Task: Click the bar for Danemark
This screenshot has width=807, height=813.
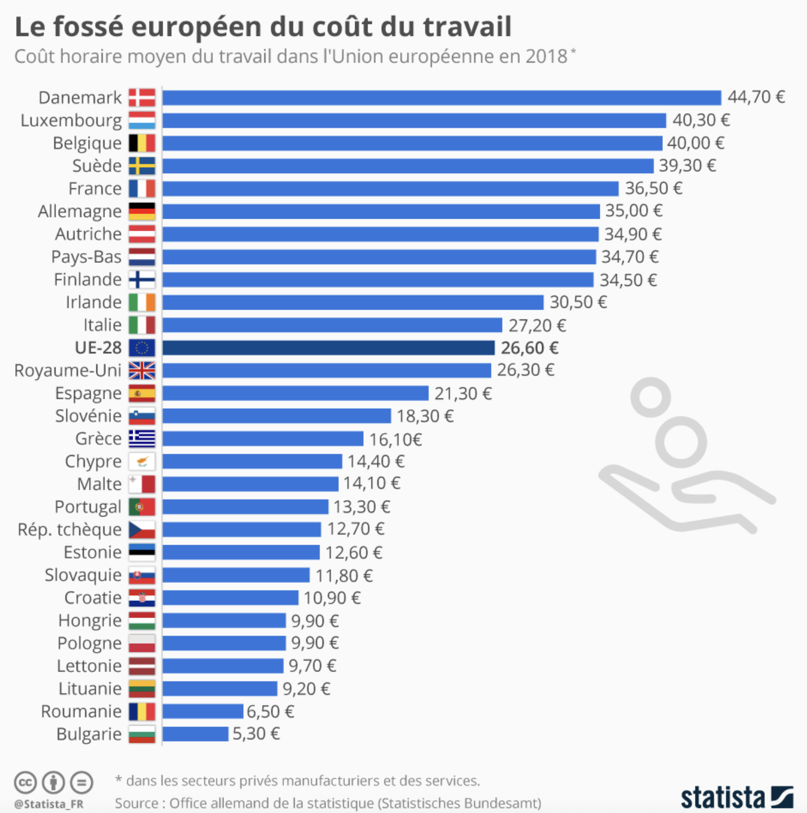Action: [442, 97]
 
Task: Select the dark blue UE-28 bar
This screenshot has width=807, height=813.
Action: [328, 348]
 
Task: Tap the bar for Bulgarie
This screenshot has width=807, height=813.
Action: [195, 734]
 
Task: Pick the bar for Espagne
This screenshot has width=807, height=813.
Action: [295, 393]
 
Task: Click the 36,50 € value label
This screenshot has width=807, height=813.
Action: [653, 188]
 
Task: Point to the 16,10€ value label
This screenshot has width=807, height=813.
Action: [395, 439]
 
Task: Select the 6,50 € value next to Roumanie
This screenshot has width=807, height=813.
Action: [270, 711]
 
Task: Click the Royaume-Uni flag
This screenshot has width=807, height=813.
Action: [142, 371]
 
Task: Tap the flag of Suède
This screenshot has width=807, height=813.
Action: [142, 165]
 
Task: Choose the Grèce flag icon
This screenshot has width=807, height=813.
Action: [142, 439]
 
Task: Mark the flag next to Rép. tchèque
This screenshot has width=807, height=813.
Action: [142, 529]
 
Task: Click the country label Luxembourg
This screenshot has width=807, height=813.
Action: [71, 120]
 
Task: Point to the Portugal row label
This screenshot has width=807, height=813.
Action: [88, 507]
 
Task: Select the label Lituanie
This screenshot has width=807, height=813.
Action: [90, 688]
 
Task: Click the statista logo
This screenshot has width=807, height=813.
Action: [736, 797]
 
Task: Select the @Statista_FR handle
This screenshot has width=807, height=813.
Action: [49, 804]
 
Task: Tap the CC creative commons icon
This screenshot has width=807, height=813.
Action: [25, 783]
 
